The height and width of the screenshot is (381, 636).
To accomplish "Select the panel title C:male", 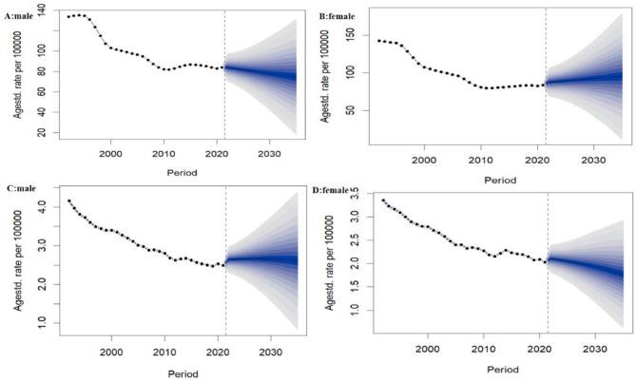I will coord(23,190).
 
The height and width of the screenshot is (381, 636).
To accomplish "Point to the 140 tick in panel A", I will coord(44,11).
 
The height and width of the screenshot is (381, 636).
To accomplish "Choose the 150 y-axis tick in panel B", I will coord(357,34).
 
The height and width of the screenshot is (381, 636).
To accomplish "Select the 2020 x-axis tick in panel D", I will coord(540,349).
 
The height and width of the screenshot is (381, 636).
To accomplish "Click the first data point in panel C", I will coord(68,201).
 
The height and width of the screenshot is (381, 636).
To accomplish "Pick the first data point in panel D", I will coord(383,200).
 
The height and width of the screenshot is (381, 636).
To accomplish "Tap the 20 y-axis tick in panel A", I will coord(44,134).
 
